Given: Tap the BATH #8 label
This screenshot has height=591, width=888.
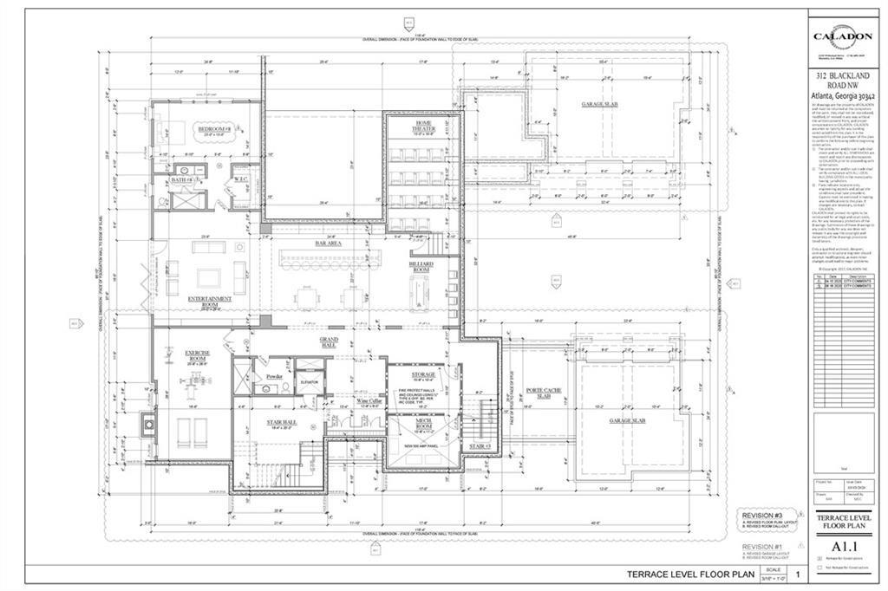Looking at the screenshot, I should pos(180,179).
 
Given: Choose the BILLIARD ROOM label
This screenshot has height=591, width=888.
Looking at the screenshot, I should pos(421,266).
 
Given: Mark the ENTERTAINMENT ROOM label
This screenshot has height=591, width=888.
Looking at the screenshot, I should pos(210,301).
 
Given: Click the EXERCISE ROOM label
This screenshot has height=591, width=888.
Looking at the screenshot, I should pos(198,356).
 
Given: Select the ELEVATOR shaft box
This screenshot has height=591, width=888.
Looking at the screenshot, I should pos(310,382).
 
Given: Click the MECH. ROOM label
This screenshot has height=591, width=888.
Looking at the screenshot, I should pos(411,427).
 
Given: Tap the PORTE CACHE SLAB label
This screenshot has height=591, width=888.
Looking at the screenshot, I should pos(544,393).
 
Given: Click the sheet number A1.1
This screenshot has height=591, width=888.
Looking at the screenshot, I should pos(844,547).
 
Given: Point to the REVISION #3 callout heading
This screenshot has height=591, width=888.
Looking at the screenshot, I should pos(761,515).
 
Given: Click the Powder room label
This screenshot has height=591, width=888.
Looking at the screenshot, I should pos(275,377).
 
